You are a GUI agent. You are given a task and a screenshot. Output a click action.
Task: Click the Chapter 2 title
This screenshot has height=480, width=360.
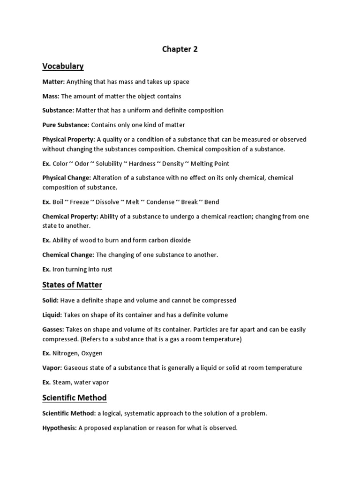[180, 49]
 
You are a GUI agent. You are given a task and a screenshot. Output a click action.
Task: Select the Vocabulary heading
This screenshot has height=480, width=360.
[63, 66]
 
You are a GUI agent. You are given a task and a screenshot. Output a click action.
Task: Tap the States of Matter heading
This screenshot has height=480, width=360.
[72, 285]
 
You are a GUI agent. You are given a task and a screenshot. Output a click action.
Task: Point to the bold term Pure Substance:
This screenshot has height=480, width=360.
[66, 125]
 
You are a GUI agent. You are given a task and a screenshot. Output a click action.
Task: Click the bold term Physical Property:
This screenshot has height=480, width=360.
[69, 140]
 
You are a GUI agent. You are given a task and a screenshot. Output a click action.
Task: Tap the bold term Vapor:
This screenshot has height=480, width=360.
[52, 368]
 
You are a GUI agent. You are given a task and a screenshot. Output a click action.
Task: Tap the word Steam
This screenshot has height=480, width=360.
[62, 382]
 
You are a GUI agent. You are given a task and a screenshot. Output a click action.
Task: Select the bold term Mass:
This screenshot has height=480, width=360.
[51, 96]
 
